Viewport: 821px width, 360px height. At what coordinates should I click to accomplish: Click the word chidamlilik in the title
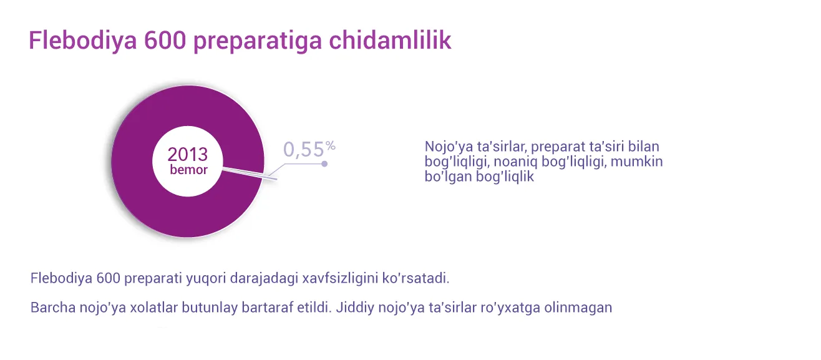click(390, 40)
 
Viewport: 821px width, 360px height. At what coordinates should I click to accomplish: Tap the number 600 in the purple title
click(165, 41)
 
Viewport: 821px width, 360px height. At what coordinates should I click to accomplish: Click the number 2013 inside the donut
click(188, 154)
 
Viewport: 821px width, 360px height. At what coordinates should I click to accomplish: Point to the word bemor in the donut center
click(189, 170)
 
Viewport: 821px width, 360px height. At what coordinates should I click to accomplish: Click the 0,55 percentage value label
click(304, 150)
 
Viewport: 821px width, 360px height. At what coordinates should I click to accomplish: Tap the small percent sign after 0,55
click(331, 146)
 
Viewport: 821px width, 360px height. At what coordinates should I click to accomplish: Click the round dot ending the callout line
click(324, 164)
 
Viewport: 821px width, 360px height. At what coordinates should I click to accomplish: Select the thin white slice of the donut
click(250, 173)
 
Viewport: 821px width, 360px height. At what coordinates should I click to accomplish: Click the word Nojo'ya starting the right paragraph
click(449, 147)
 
